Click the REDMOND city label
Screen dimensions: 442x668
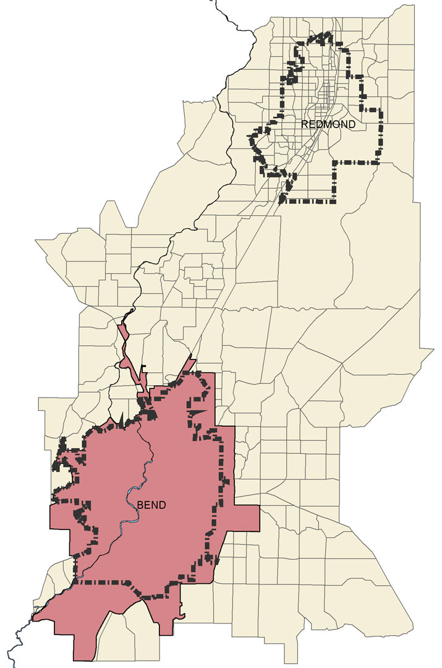click(x=328, y=124)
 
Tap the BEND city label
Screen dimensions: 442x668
click(x=152, y=505)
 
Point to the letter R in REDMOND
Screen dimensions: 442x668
click(x=305, y=124)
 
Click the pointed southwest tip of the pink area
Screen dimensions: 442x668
click(x=35, y=617)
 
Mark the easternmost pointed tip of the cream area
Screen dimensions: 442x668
click(x=432, y=352)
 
